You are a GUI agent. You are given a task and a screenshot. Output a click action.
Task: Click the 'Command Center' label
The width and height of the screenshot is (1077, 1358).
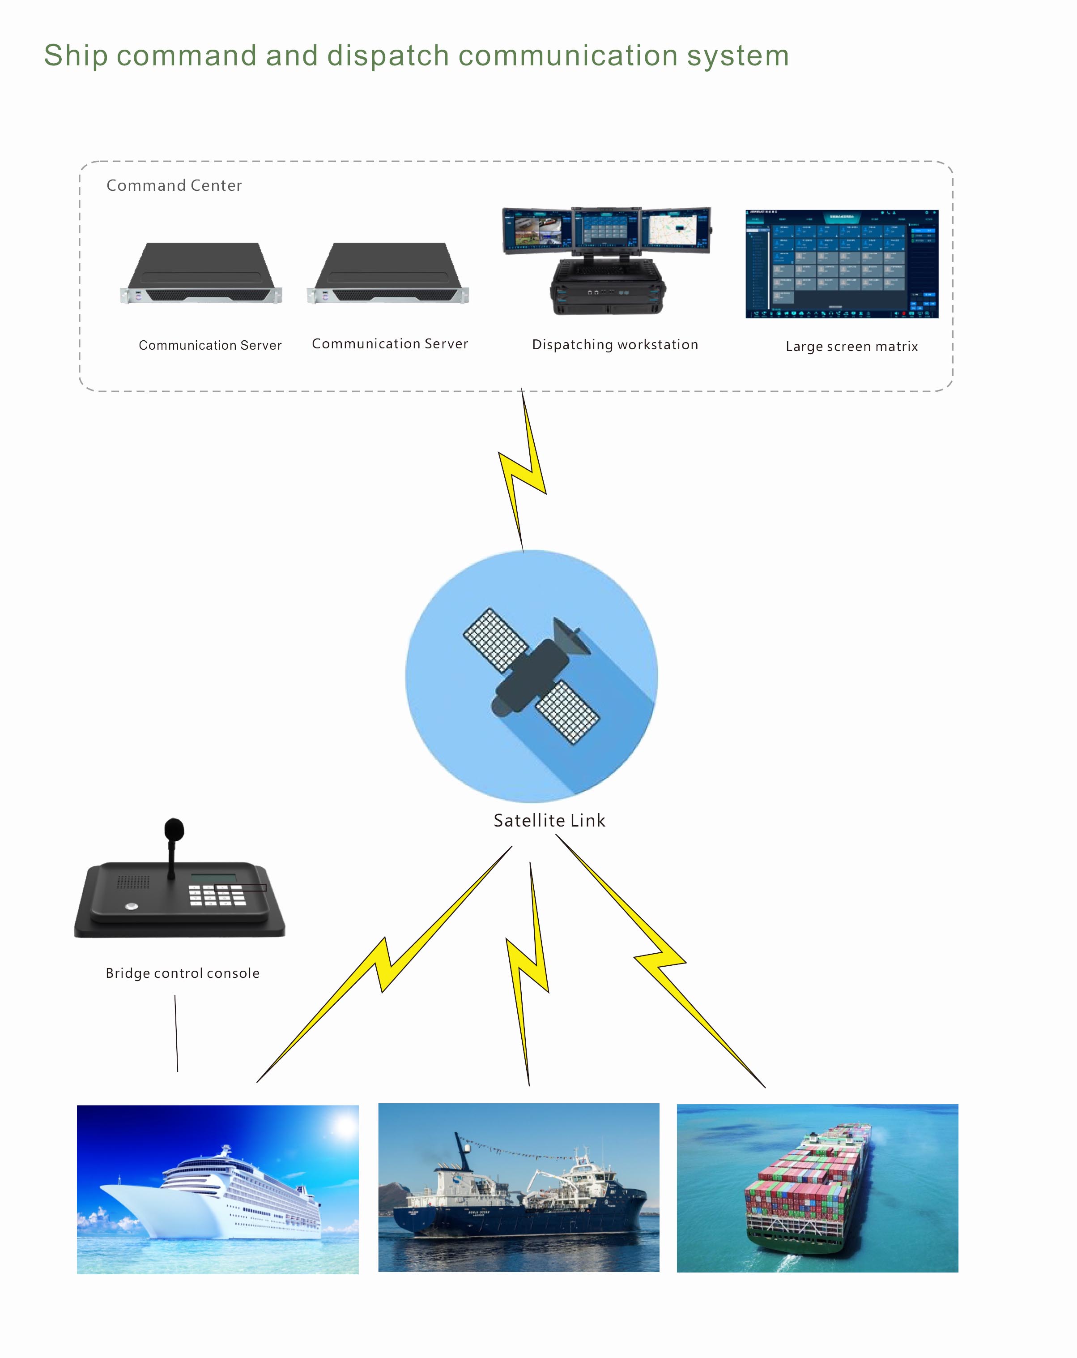174,185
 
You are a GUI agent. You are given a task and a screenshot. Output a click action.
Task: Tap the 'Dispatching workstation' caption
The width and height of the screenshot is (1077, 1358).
614,345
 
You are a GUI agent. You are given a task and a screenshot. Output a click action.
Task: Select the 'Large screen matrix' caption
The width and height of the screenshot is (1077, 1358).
851,347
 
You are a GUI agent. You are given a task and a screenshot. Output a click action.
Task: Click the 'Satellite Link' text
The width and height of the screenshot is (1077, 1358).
549,821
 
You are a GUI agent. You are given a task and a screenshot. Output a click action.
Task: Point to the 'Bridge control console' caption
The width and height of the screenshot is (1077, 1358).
183,973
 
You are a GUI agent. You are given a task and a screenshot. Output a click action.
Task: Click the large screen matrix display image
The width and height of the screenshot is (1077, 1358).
842,264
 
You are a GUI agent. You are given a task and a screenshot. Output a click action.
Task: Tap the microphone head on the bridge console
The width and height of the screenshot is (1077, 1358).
174,830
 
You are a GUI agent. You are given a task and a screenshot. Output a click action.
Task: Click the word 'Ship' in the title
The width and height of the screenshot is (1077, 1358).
76,56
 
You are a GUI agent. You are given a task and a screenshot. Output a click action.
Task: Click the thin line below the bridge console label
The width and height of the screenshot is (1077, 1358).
176,1033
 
